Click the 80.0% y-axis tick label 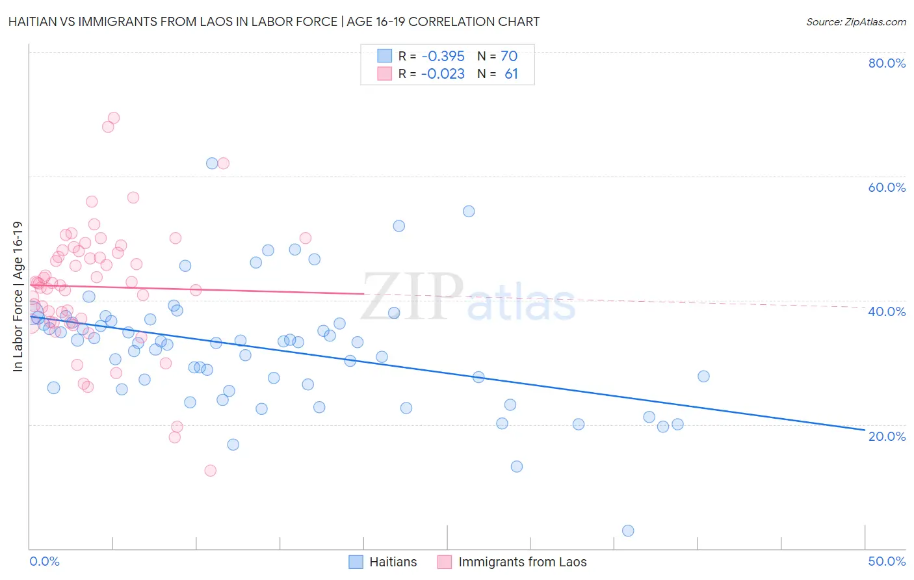(x=887, y=63)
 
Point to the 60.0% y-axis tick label (x=887, y=187)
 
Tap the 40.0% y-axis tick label (x=887, y=311)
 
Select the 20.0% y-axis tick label (x=887, y=436)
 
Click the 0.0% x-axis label (x=44, y=561)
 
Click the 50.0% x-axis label (x=887, y=561)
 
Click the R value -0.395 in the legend (x=443, y=57)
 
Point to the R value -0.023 (x=443, y=74)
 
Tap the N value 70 (x=509, y=57)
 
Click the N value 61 (x=511, y=74)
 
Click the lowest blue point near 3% (x=628, y=531)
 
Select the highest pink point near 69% (x=114, y=118)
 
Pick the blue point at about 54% (x=469, y=211)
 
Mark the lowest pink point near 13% (x=210, y=470)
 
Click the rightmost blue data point (x=703, y=376)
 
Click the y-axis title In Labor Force (x=18, y=297)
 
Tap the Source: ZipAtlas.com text (x=855, y=22)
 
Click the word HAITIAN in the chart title (x=35, y=22)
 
